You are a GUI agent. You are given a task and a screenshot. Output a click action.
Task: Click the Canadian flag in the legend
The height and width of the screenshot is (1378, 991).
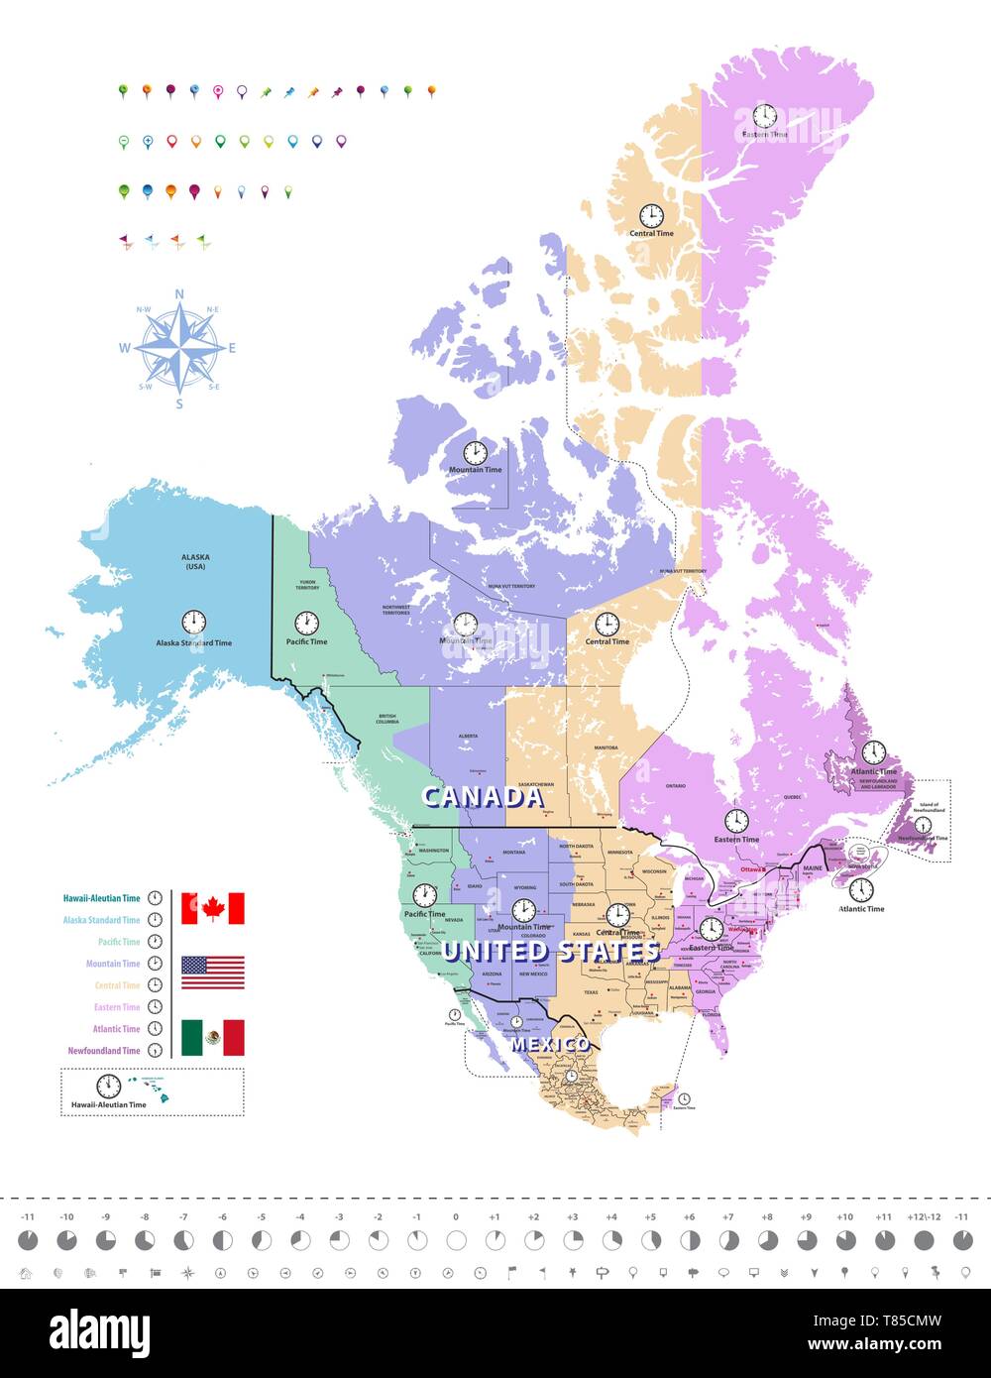[212, 908]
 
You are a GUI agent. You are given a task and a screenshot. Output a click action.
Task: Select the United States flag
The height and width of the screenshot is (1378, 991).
[212, 973]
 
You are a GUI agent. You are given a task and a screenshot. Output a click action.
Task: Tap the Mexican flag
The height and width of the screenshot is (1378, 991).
[212, 1037]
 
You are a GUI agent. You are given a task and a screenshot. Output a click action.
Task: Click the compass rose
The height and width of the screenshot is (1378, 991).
[179, 348]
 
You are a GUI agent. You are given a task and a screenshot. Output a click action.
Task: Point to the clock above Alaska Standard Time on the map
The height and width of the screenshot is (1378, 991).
[193, 622]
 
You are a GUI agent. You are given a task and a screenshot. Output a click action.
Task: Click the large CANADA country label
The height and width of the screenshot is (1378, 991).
[483, 797]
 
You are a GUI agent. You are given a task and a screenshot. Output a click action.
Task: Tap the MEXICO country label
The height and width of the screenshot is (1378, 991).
[550, 1045]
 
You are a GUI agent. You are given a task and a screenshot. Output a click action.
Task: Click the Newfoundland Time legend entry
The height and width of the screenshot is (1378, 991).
[104, 1051]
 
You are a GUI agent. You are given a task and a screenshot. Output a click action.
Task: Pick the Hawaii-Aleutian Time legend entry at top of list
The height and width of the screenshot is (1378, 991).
[101, 898]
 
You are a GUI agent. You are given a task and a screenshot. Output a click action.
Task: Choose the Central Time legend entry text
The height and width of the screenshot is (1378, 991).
[117, 985]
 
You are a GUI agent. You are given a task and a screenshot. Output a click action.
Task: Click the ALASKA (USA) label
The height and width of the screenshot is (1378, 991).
[195, 561]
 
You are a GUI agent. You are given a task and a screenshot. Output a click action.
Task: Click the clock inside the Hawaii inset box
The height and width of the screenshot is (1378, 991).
[108, 1086]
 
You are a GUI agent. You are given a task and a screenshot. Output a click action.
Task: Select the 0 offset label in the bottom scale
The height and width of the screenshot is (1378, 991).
[456, 1216]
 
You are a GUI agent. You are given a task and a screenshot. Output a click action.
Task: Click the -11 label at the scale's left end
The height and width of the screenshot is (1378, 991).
[28, 1216]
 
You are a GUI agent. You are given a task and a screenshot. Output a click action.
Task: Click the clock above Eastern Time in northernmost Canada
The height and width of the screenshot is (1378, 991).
[764, 115]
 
